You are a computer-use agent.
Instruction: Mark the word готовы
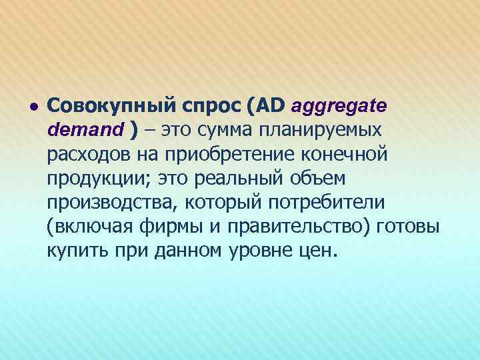[407, 227]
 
